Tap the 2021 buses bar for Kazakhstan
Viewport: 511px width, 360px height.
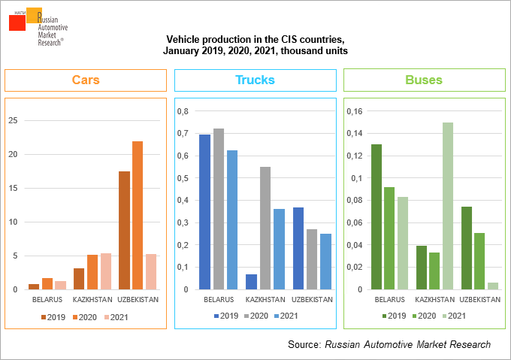click(x=447, y=206)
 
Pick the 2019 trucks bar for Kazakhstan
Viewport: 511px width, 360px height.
click(x=251, y=282)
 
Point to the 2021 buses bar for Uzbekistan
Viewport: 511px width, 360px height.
click(x=492, y=286)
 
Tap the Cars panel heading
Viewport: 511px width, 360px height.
click(x=86, y=80)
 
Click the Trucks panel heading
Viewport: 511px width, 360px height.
click(x=255, y=80)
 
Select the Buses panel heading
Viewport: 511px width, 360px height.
click(x=424, y=80)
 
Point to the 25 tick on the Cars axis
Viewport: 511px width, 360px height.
click(x=13, y=120)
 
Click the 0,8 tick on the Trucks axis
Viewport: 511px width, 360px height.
click(x=182, y=111)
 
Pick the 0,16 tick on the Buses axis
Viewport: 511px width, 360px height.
click(x=353, y=111)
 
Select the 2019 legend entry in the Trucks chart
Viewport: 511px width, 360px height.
click(x=227, y=316)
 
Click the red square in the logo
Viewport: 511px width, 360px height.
click(x=17, y=22)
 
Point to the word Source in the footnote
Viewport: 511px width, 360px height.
click(x=304, y=344)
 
